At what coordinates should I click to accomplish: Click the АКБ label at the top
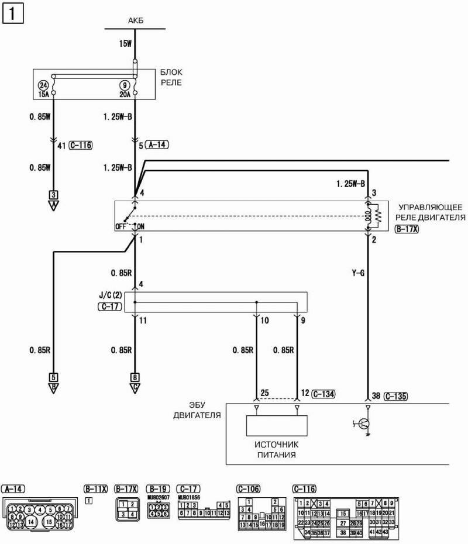click(x=135, y=21)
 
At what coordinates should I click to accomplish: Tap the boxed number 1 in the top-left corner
click(x=13, y=13)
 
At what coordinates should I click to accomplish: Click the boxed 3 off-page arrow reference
click(x=53, y=195)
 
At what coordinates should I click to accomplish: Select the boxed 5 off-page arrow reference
click(x=53, y=377)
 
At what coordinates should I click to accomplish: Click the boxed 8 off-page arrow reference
click(x=135, y=377)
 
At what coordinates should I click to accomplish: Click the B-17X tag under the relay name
click(x=407, y=229)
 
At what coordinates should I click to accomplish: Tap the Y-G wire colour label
click(x=357, y=272)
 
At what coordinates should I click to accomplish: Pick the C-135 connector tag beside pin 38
click(x=393, y=396)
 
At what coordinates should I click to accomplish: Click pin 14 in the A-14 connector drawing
click(x=30, y=518)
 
